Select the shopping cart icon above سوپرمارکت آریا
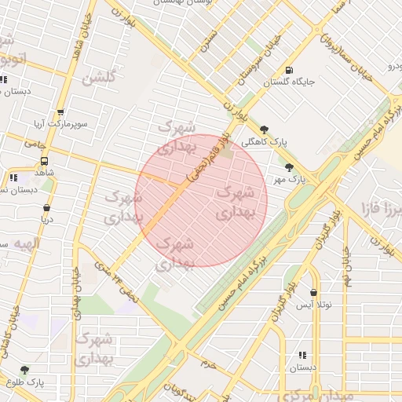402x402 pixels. [x=60, y=113]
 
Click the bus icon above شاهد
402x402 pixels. [x=44, y=161]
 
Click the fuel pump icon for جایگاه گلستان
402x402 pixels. [x=291, y=69]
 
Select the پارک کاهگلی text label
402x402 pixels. [x=262, y=143]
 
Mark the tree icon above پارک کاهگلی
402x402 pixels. [x=264, y=130]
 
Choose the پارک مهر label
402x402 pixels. [x=289, y=180]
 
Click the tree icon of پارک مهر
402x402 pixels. [x=289, y=166]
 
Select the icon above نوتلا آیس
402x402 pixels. [x=313, y=292]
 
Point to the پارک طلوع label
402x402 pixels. [x=27, y=382]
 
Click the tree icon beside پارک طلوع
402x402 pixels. [x=24, y=370]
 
